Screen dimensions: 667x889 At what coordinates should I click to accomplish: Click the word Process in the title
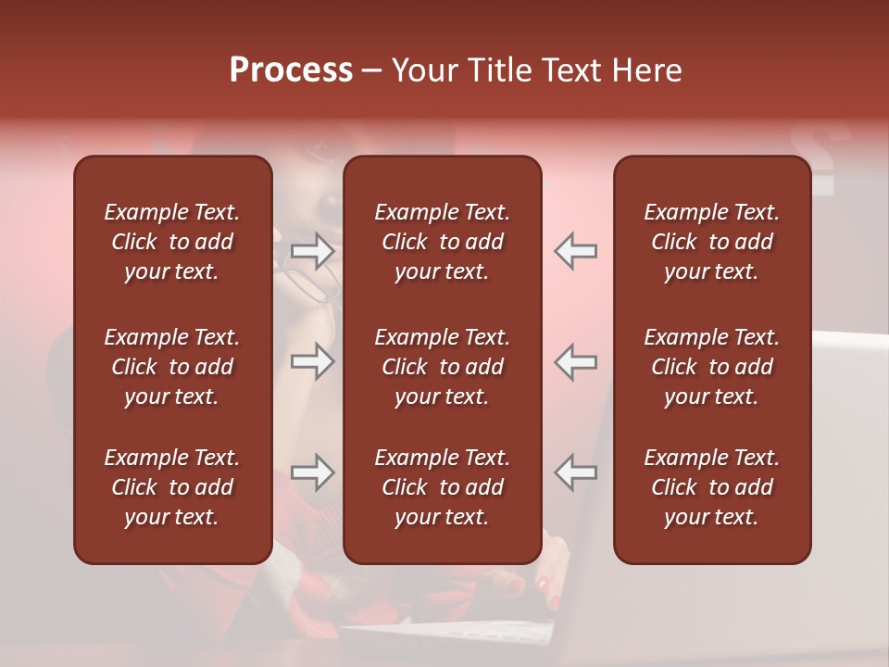291,70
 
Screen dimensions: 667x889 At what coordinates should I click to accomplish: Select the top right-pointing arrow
312,251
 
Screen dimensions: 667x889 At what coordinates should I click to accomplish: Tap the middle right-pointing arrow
312,361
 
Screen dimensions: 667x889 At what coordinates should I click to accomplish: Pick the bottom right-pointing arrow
312,472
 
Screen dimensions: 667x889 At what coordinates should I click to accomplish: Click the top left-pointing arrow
575,251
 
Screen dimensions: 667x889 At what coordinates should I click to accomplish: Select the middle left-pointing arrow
575,361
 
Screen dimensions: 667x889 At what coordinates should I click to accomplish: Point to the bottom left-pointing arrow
575,472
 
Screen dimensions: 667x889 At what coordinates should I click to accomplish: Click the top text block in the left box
172,242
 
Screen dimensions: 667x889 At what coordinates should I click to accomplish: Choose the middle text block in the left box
172,367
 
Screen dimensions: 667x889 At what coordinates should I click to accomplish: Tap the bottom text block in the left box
172,487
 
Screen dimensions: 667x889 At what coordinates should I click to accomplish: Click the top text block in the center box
442,242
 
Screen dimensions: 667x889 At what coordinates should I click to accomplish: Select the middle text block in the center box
442,367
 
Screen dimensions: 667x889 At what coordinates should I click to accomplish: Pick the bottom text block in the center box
442,487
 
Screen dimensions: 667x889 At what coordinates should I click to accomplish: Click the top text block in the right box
711,242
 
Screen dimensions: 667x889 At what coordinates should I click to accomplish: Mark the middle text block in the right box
711,367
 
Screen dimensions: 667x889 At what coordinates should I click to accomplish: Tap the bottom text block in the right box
711,487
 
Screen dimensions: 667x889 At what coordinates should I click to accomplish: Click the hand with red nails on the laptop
546,584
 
